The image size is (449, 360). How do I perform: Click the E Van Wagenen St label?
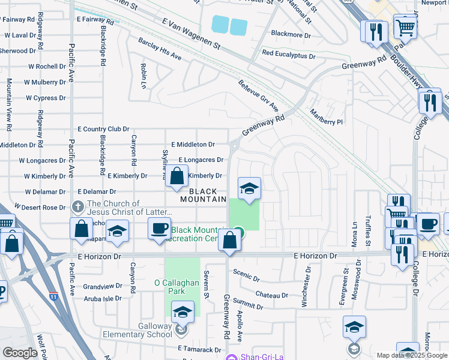click(192, 34)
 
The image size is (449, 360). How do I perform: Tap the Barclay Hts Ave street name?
click(160, 49)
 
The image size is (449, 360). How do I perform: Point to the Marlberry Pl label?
click(326, 117)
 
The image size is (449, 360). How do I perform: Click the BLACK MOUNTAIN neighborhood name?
click(204, 195)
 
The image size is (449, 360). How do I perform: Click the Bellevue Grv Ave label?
click(259, 96)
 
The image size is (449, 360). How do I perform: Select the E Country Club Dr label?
click(104, 129)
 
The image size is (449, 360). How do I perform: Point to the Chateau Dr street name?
click(272, 295)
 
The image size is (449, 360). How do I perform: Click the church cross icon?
click(78, 207)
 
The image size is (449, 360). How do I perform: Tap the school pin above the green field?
click(249, 189)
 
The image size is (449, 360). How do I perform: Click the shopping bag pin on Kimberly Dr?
click(177, 176)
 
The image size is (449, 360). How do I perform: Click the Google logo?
click(20, 353)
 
